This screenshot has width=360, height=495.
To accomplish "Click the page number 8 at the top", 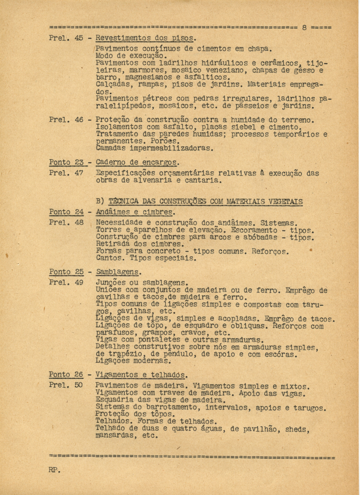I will pos(304,28).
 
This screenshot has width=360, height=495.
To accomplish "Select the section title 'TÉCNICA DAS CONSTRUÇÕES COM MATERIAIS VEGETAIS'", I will pos(205,202).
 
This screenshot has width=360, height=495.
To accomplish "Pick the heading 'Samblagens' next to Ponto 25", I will pos(118,272).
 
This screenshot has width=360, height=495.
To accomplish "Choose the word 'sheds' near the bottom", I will pos(297,429).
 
